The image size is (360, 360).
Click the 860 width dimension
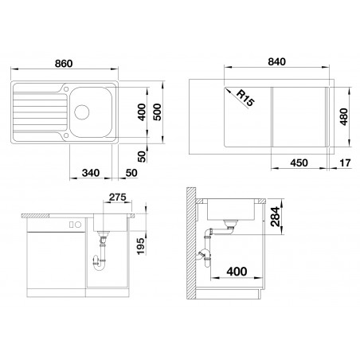point(64,64)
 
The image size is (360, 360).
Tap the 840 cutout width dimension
point(276,61)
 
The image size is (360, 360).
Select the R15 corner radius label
point(245,98)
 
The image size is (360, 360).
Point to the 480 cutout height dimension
point(343,116)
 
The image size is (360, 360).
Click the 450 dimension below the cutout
point(299,162)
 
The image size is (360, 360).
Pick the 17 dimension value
point(345,162)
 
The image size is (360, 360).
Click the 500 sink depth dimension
point(157,112)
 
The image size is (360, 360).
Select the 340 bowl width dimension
point(91,173)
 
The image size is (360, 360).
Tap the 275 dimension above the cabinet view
point(118,197)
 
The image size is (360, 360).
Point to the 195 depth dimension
point(141,246)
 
